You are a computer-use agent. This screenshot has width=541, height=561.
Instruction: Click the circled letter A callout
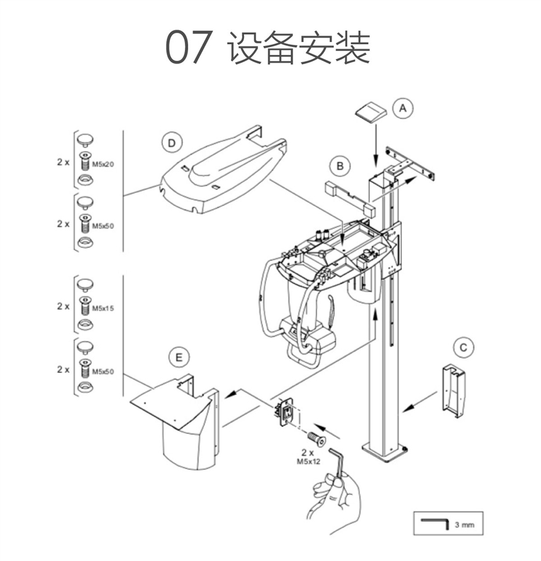pos(403,108)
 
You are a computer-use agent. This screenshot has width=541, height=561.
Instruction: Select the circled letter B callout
pos(340,166)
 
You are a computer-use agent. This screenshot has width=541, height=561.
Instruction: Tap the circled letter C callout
pos(464,347)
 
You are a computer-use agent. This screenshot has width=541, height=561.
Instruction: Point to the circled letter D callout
pos(172,143)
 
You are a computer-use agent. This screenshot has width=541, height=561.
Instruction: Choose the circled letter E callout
pos(179,357)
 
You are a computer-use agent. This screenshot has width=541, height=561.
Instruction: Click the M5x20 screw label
pos(103,164)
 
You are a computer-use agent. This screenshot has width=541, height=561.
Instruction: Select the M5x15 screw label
pos(103,308)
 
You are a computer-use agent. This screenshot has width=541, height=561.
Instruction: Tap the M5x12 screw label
pos(308,462)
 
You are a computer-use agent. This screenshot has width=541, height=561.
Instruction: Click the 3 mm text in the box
pos(464,525)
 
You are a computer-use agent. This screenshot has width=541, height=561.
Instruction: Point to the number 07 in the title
pos(189,47)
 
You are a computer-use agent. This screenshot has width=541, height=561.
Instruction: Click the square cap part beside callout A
pos(371,113)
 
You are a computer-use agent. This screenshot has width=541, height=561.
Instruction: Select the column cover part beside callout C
pos(454,391)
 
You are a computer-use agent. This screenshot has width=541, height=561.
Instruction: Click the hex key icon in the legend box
pos(435,523)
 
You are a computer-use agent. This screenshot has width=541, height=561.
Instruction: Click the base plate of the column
pos(385,453)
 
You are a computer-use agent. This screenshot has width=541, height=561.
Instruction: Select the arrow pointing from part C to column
pos(420,402)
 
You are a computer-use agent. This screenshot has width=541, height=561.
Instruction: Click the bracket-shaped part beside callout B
pos(350,199)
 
